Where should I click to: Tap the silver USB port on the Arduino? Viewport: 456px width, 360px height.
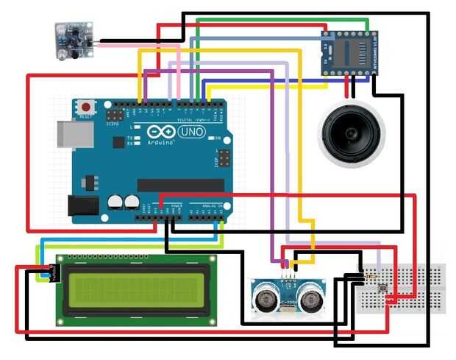click(76, 134)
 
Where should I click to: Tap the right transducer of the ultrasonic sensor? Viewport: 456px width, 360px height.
click(313, 297)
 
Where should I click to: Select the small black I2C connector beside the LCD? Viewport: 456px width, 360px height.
click(54, 273)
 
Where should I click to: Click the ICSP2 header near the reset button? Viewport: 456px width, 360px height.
click(114, 116)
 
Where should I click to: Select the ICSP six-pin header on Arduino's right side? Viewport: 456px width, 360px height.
click(223, 158)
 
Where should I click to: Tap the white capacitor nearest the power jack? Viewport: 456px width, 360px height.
click(115, 202)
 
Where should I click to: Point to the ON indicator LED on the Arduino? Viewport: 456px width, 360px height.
click(209, 138)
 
